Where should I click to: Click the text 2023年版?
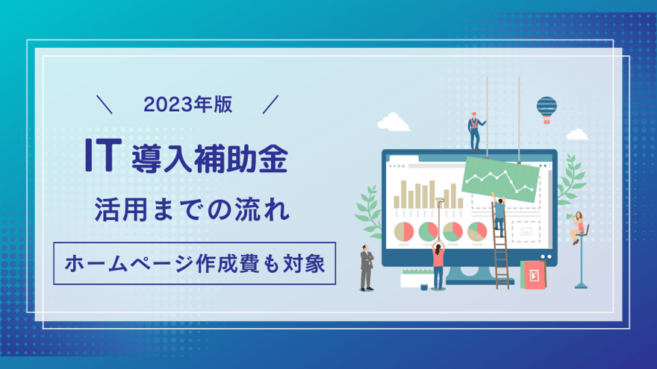coord(187,104)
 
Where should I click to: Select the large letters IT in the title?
coord(103,155)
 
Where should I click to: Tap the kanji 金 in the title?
coord(273,159)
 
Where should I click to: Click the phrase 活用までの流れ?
coord(192,209)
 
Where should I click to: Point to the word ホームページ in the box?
coord(129,264)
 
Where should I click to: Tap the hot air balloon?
coord(547,110)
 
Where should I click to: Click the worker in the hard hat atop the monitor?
coord(475,131)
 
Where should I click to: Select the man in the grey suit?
coord(367,268)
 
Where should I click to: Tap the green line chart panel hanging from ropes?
coord(500,179)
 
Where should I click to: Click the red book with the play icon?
coord(534,275)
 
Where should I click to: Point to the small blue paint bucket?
coord(424,287)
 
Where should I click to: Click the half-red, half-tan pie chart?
coord(404,232)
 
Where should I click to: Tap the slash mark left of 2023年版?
coord(105,104)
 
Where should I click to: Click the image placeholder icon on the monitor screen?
coord(526,232)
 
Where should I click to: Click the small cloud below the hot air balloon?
coord(577,134)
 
